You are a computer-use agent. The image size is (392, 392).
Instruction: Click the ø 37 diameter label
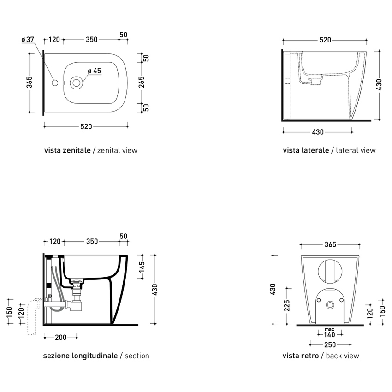[x=28, y=40]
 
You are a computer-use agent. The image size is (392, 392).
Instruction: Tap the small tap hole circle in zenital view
[x=55, y=83]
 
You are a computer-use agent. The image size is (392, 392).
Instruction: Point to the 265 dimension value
[x=142, y=83]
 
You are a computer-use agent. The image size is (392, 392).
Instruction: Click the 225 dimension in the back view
[x=286, y=306]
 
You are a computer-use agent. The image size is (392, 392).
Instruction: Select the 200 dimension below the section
[x=60, y=338]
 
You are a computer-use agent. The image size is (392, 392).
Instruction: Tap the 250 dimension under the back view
[x=329, y=344]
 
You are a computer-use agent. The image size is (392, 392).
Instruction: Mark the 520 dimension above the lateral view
[x=325, y=40]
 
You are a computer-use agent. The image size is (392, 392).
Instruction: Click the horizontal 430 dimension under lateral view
[x=317, y=132]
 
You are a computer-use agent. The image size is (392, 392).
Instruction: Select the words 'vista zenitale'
[x=67, y=150]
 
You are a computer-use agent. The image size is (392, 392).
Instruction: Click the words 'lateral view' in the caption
[x=356, y=150]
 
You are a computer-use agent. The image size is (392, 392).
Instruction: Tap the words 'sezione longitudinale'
[x=80, y=356]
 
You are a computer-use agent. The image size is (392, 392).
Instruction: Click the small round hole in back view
[x=329, y=305]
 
